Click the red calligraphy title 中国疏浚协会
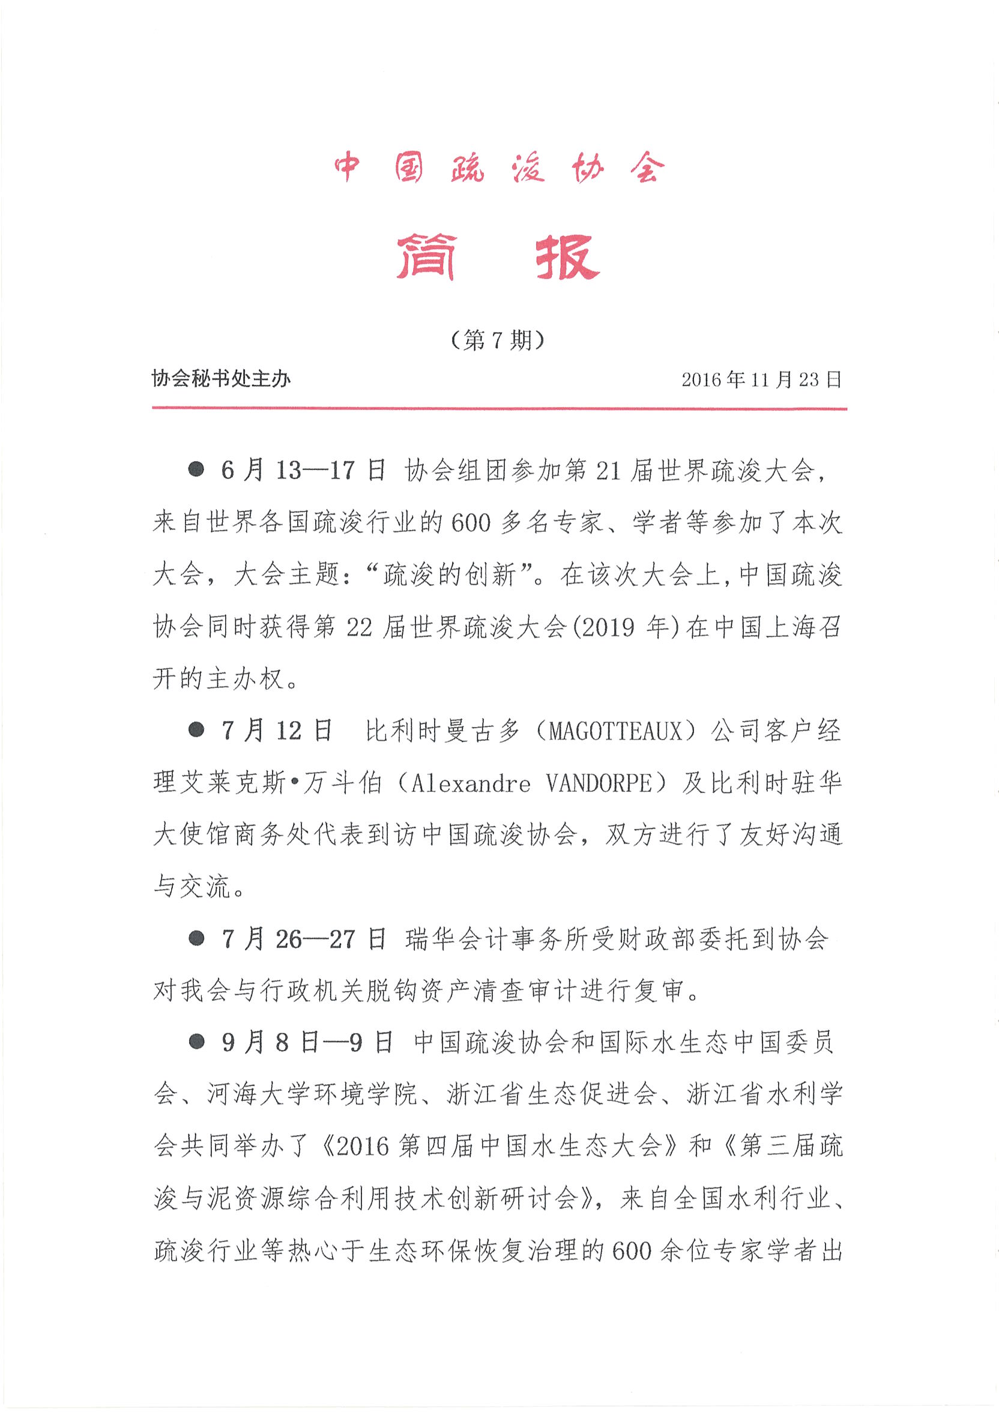[499, 167]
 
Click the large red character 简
[426, 257]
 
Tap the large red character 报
[567, 257]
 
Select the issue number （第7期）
[498, 339]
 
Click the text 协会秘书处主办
[221, 379]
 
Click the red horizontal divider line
[499, 408]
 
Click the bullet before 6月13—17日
[196, 470]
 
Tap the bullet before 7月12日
[196, 730]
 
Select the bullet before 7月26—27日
[196, 938]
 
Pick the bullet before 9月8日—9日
[196, 1042]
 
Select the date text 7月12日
[277, 731]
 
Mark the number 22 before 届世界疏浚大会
[359, 627]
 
